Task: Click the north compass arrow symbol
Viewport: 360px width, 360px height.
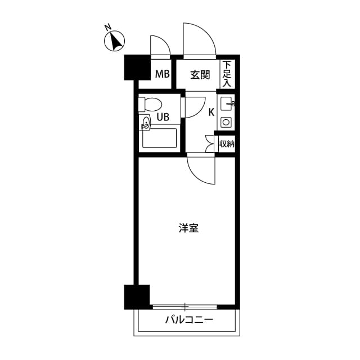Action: pyautogui.click(x=116, y=42)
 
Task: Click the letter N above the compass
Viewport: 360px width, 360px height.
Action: pyautogui.click(x=108, y=26)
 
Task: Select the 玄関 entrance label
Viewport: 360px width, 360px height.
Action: pyautogui.click(x=199, y=74)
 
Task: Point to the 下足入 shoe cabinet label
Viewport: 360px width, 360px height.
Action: pyautogui.click(x=227, y=74)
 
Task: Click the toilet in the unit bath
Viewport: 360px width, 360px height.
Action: pyautogui.click(x=152, y=105)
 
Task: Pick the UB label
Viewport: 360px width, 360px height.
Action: pyautogui.click(x=163, y=118)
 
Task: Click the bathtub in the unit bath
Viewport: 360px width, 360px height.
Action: pyautogui.click(x=160, y=138)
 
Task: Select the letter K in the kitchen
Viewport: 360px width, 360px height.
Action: pyautogui.click(x=211, y=112)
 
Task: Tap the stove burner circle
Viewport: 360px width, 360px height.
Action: pyautogui.click(x=226, y=122)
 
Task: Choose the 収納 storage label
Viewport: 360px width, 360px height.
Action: pyautogui.click(x=226, y=144)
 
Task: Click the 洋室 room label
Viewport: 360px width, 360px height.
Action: pyautogui.click(x=189, y=228)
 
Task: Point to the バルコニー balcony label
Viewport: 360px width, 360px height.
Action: pyautogui.click(x=189, y=321)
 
